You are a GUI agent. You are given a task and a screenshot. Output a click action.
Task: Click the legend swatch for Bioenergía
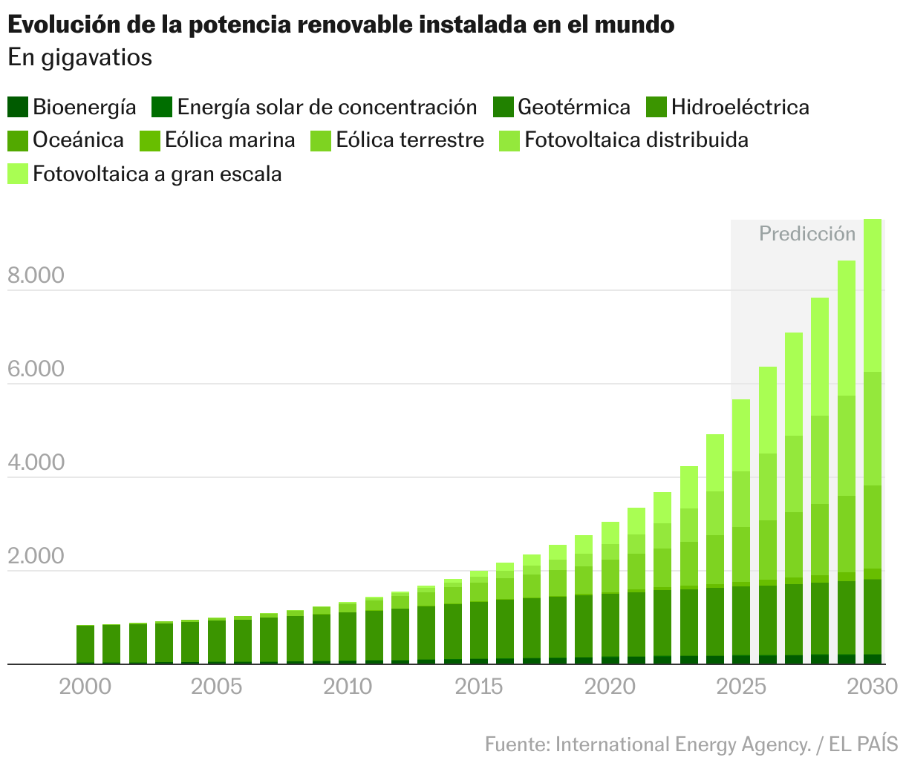(x=18, y=107)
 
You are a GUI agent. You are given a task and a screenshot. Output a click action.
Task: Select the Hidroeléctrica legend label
(x=740, y=107)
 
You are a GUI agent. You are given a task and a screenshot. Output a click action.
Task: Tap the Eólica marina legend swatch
(x=151, y=140)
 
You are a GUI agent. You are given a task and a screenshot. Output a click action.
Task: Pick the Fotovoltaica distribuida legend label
(x=636, y=140)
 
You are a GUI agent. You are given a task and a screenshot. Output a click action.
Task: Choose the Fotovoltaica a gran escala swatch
(x=18, y=174)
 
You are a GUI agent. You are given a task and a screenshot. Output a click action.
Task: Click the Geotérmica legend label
(x=573, y=107)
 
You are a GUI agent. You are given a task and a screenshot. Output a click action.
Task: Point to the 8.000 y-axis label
(x=36, y=276)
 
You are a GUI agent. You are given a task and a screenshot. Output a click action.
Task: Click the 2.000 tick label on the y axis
(x=36, y=557)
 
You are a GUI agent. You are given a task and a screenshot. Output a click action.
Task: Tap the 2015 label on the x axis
(x=479, y=687)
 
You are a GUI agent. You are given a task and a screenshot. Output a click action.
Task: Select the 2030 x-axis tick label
(x=873, y=687)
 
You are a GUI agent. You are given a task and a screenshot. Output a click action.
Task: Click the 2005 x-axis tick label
(x=216, y=687)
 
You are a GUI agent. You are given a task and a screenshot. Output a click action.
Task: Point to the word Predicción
(x=807, y=234)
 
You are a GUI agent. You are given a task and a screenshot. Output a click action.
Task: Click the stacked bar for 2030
(x=873, y=445)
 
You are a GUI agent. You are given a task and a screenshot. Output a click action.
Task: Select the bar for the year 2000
(x=85, y=644)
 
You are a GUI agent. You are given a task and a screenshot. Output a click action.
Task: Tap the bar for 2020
(x=610, y=594)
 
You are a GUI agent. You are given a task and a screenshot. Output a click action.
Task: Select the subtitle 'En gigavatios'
(x=80, y=57)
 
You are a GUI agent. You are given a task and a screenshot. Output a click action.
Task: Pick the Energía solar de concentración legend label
(x=327, y=107)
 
